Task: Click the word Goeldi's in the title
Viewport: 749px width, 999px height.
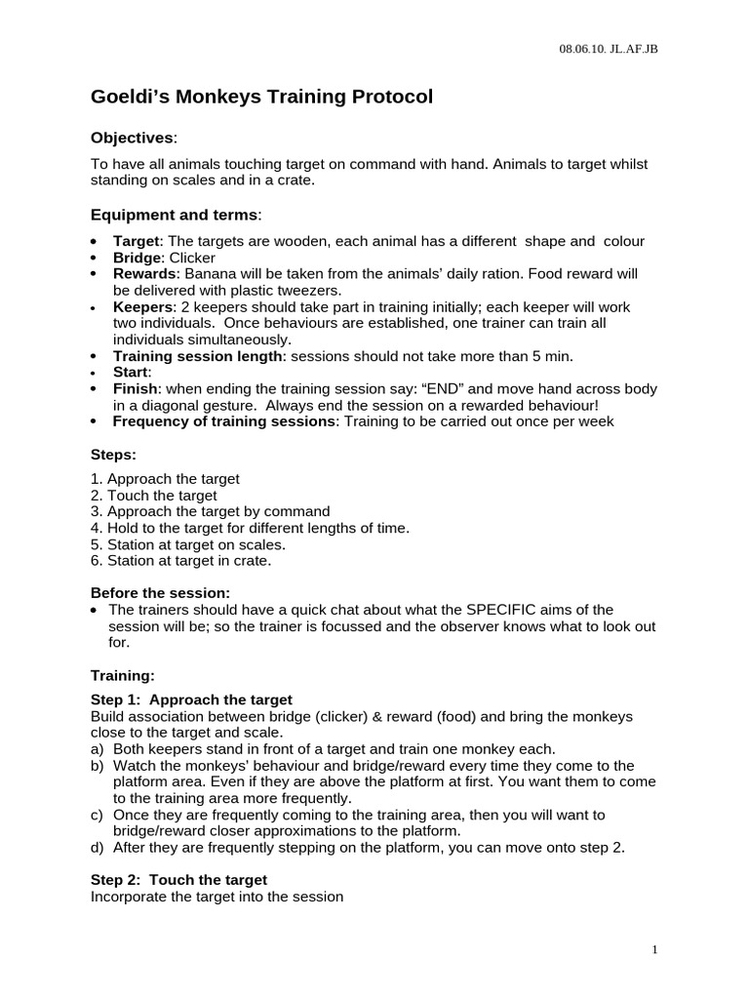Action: click(x=128, y=98)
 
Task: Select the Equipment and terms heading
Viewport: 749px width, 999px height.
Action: click(x=176, y=214)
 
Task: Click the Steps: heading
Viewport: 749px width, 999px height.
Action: click(x=114, y=455)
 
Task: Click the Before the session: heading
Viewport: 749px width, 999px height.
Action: click(x=160, y=592)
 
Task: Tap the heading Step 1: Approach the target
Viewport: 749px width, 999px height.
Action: click(x=191, y=699)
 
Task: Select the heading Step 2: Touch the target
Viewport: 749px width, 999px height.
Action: click(x=178, y=879)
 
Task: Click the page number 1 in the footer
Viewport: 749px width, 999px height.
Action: click(x=656, y=949)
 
